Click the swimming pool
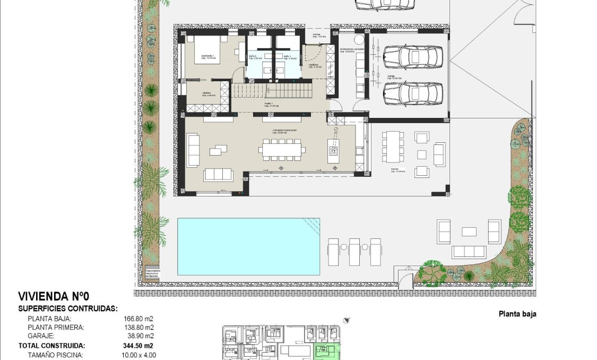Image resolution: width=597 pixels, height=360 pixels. [248, 246]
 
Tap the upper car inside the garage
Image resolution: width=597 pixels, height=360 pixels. [413, 57]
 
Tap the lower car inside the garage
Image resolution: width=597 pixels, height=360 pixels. [413, 93]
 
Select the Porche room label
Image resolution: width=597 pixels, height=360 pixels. [398, 170]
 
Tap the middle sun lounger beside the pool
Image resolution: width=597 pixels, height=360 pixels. [355, 252]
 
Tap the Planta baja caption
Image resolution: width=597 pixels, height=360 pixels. [517, 314]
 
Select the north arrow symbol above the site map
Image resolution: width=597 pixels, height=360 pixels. [347, 320]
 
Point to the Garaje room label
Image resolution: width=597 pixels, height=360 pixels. [394, 78]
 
